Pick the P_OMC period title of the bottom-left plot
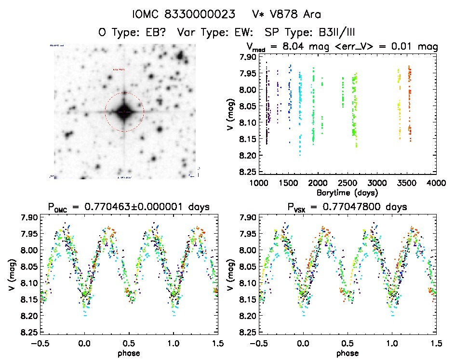(x=129, y=208)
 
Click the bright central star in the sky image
(x=124, y=111)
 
